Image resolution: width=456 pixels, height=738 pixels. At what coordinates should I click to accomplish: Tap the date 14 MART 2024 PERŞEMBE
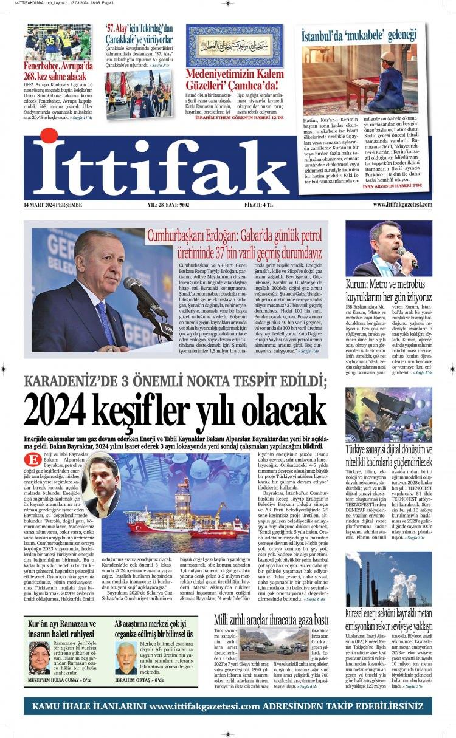[53, 205]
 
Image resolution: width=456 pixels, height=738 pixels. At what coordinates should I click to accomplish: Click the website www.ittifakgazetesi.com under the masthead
[402, 205]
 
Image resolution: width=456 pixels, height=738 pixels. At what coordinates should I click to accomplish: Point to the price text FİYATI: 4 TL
[258, 205]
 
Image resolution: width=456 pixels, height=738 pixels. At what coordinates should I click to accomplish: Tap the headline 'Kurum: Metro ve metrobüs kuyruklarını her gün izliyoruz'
[389, 290]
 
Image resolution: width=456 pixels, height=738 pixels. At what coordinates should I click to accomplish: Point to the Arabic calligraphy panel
[235, 46]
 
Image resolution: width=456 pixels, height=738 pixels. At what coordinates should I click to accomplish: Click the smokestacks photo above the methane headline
[389, 579]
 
